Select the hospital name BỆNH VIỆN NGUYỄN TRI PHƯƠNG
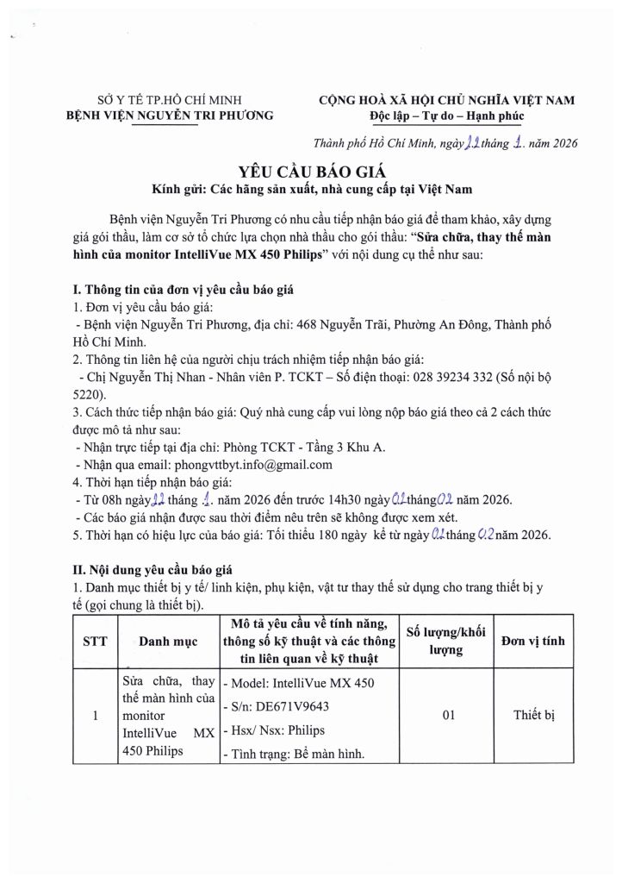pyautogui.click(x=170, y=115)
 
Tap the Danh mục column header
pyautogui.click(x=168, y=641)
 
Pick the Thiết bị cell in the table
pyautogui.click(x=538, y=715)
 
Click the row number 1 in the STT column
pyautogui.click(x=94, y=715)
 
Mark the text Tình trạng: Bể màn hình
pyautogui.click(x=294, y=755)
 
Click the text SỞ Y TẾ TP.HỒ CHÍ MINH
pyautogui.click(x=170, y=100)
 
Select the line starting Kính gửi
pyautogui.click(x=311, y=188)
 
